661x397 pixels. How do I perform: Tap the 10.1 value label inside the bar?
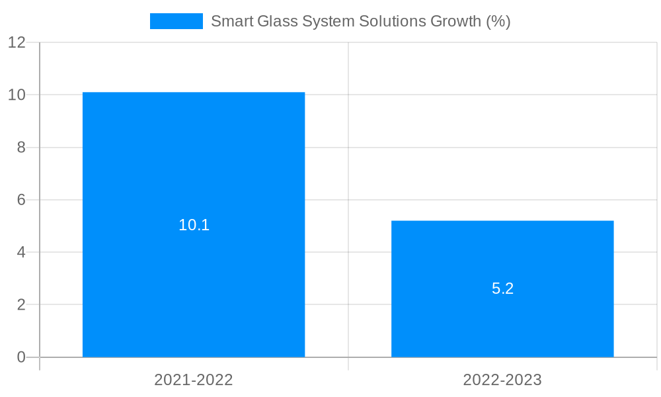[x=194, y=225]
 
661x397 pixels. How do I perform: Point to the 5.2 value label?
[x=502, y=288]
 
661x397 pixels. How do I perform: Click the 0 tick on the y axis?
[x=20, y=357]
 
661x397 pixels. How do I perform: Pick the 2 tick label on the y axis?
[x=20, y=305]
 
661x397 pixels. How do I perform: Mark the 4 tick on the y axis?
[x=20, y=252]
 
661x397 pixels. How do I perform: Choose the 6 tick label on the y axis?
[x=20, y=200]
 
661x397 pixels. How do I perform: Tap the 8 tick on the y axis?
[x=20, y=148]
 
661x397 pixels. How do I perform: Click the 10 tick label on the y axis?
[x=17, y=95]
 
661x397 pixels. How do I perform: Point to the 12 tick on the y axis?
[x=17, y=42]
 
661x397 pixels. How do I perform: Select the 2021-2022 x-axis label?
[x=194, y=380]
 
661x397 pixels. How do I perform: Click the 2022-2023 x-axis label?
[x=502, y=380]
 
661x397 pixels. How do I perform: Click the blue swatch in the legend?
[x=176, y=21]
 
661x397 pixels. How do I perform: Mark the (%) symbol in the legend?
[x=498, y=21]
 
